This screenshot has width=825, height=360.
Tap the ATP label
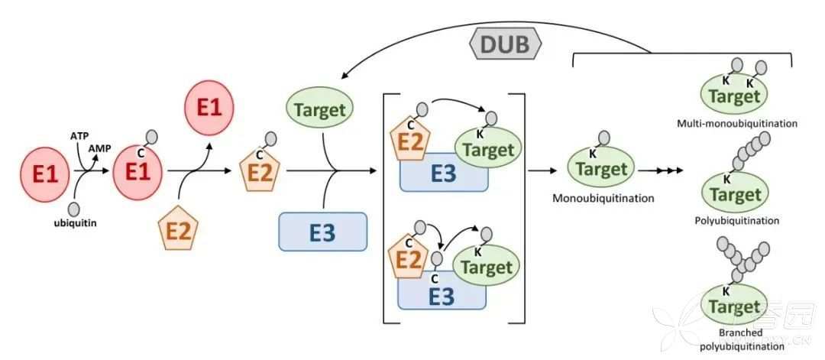point(79,135)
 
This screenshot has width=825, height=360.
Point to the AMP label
point(99,148)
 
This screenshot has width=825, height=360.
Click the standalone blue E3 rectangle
point(323,232)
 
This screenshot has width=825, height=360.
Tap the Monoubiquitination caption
point(603,198)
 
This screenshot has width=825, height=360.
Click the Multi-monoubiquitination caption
point(737,122)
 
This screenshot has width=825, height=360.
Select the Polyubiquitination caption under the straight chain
point(737,220)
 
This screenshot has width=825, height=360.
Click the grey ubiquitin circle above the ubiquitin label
point(74,208)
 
